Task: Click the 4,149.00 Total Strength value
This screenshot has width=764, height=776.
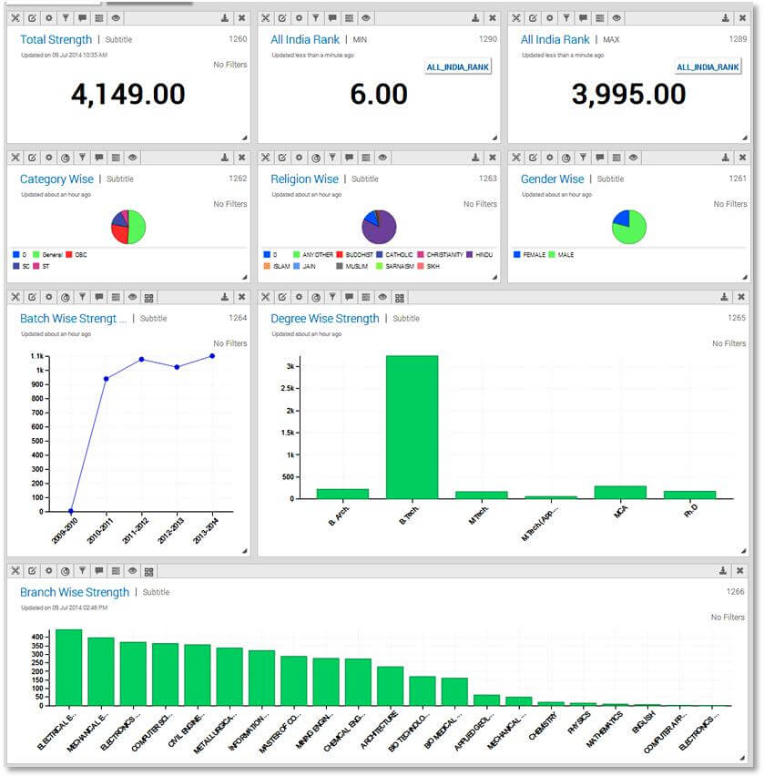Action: [127, 94]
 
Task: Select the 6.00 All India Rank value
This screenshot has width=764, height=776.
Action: [379, 94]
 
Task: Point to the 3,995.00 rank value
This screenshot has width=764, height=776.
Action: [628, 94]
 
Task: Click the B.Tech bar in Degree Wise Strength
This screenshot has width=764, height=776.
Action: [412, 426]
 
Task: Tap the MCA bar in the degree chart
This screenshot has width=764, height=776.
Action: [620, 492]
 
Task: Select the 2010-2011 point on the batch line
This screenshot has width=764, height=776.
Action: [107, 379]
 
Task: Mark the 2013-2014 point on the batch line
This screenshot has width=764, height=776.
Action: [212, 356]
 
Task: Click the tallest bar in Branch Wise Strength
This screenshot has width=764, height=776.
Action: [69, 667]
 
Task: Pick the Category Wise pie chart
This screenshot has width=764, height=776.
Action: [128, 227]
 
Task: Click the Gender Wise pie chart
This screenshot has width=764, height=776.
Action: [628, 227]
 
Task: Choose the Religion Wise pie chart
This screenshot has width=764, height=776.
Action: [379, 227]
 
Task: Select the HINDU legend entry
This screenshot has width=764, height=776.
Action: [483, 255]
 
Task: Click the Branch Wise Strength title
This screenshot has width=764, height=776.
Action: [75, 592]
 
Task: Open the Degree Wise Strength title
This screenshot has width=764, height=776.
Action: [325, 319]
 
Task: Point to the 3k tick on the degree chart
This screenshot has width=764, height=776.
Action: [290, 366]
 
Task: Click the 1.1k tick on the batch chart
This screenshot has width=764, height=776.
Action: [37, 356]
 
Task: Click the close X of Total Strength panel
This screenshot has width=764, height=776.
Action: [241, 18]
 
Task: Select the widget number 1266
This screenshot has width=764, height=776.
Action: [735, 592]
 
